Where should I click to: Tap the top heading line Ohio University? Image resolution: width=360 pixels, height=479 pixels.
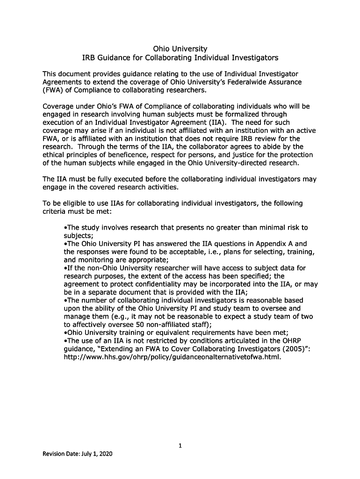[180, 49]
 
